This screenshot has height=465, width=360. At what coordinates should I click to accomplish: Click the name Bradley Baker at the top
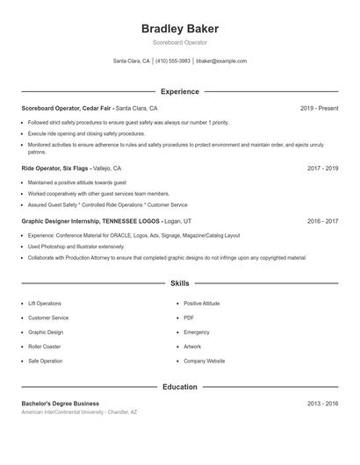tap(179, 29)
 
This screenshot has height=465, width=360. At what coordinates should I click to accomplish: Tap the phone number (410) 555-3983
tap(173, 61)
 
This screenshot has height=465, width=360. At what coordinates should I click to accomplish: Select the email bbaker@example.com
tap(221, 61)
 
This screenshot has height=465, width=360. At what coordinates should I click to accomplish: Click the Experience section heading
tap(179, 91)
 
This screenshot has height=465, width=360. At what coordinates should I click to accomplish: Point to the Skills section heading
tap(179, 283)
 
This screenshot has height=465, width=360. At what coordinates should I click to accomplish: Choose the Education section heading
tap(179, 387)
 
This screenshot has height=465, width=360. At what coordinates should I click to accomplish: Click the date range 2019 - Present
tap(319, 108)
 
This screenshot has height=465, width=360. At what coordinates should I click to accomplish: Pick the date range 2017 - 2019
tap(322, 168)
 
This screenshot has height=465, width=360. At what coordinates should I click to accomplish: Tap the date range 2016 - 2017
tap(322, 222)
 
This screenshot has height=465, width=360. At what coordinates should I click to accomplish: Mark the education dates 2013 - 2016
tap(322, 403)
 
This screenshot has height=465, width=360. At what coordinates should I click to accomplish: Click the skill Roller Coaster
tap(44, 347)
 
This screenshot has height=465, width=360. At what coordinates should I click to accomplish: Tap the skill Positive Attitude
tap(202, 303)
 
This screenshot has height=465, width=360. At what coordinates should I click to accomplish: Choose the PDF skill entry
tap(189, 318)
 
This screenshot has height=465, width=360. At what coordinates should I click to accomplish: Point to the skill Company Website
tap(204, 361)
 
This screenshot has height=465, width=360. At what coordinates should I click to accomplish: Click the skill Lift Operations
tap(45, 303)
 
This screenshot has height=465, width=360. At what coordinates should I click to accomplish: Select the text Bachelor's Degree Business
tap(61, 403)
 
